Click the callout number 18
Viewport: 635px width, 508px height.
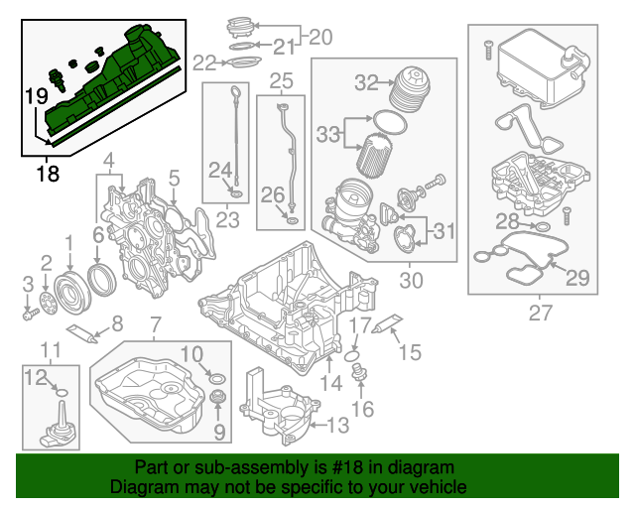point(47,174)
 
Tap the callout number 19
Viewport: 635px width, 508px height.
point(37,96)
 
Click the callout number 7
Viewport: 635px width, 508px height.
point(155,324)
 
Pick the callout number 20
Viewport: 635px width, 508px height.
point(319,37)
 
